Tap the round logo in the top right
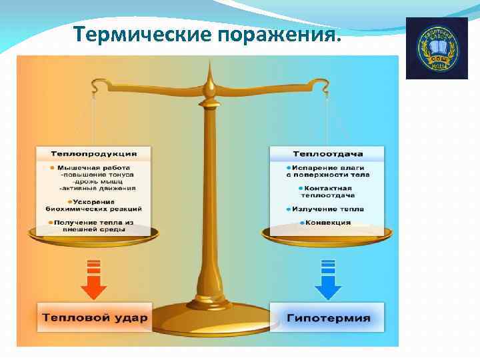437,48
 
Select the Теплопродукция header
93,153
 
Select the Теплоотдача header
326,153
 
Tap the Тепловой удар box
93,317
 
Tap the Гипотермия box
327,317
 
